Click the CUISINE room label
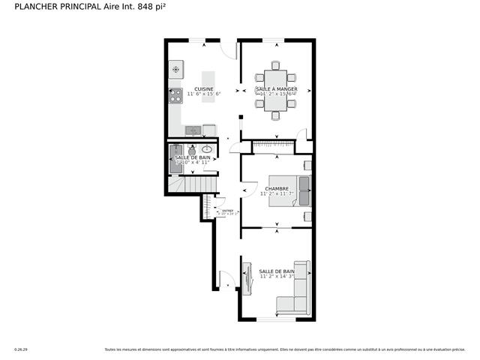point(204,88)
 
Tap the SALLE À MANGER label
point(275,89)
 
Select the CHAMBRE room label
point(277,187)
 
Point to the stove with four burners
point(176,95)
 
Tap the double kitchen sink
point(193,130)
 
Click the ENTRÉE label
point(227,211)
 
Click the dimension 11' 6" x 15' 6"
point(204,94)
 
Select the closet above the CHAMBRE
point(274,145)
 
